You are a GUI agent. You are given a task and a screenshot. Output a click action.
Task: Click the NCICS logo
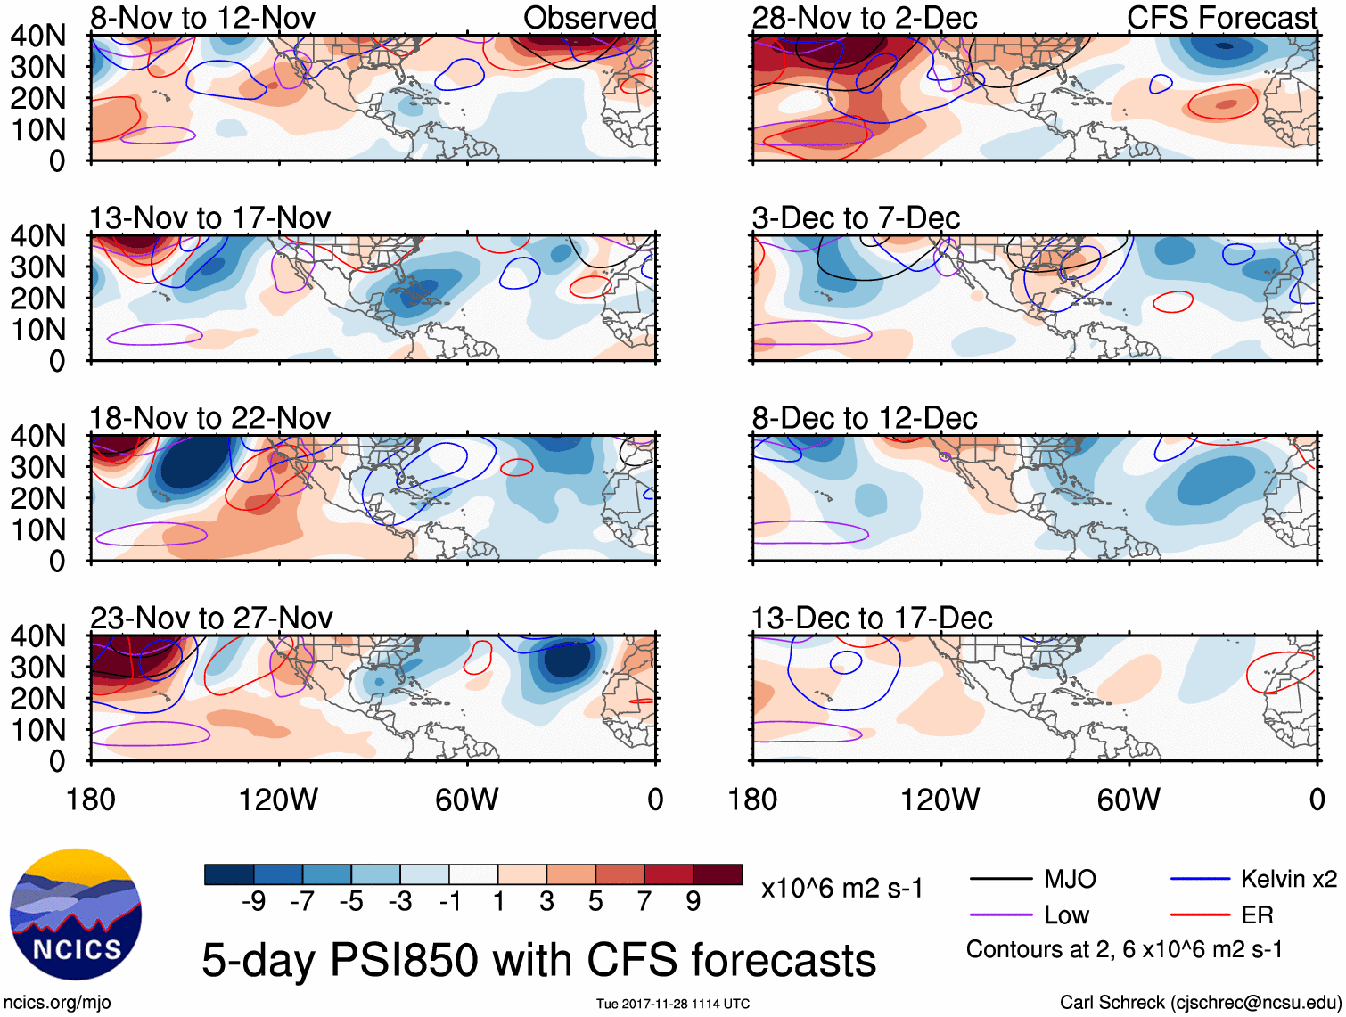(x=76, y=914)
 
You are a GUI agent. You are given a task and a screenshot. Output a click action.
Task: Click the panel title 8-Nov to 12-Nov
(x=202, y=18)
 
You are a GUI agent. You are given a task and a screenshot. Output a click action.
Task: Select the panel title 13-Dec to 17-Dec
(x=871, y=618)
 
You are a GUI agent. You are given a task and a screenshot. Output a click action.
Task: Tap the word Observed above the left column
(x=589, y=18)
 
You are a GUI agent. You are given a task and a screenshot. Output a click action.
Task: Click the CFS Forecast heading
(x=1221, y=18)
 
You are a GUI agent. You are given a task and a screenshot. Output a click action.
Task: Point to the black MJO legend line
(x=1001, y=880)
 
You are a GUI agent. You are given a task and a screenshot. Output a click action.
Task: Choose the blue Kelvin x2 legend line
(x=1200, y=880)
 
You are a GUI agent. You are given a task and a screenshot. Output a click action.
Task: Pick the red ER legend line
(x=1200, y=915)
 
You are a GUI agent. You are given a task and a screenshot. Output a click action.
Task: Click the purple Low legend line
(x=1001, y=915)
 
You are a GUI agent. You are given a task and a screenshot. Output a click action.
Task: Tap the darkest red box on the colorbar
(x=718, y=874)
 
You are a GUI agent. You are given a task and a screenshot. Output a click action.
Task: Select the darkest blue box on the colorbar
(x=229, y=874)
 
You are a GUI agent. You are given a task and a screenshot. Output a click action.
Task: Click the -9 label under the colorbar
(x=254, y=902)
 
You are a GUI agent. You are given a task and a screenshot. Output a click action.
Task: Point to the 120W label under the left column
(x=278, y=800)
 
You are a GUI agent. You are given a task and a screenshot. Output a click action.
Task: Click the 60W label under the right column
(x=1129, y=800)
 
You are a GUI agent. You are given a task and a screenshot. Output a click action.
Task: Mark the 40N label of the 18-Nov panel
(x=37, y=436)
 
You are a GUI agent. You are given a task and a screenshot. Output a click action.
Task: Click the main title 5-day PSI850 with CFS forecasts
(x=538, y=961)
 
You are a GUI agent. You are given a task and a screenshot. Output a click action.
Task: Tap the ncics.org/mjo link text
(x=57, y=1003)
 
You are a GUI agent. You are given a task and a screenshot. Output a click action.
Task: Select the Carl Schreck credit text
(x=1200, y=1003)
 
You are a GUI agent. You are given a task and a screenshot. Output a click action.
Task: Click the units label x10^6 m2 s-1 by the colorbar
(x=841, y=889)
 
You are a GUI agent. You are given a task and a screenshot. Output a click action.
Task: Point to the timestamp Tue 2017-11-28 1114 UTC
(x=673, y=1005)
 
